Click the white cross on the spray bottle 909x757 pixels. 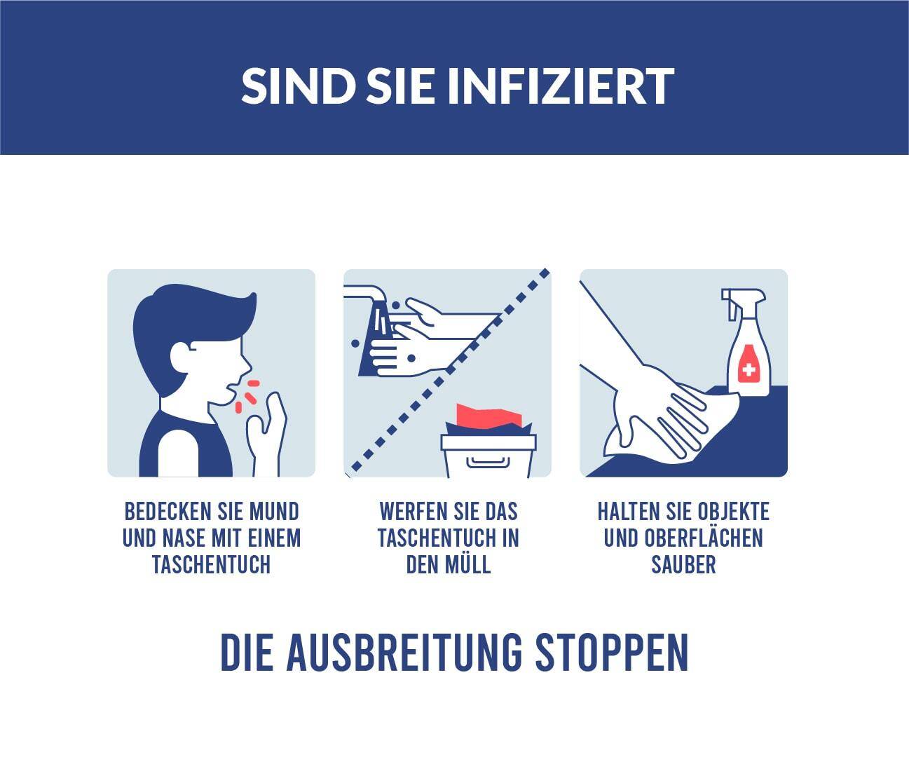click(x=749, y=370)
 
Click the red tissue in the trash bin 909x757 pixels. click(x=489, y=416)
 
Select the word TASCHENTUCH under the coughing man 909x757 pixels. click(x=212, y=564)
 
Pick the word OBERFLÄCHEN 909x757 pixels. click(x=704, y=538)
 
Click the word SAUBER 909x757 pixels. click(x=683, y=564)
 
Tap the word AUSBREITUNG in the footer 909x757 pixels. click(x=404, y=653)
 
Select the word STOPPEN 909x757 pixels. click(x=612, y=653)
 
